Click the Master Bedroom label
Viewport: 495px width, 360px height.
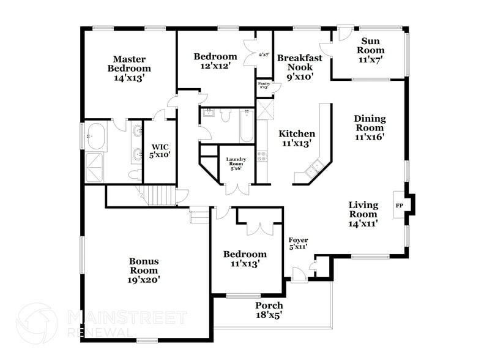click(x=129, y=69)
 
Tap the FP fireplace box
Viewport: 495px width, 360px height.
click(x=400, y=206)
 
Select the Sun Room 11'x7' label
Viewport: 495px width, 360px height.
click(x=371, y=50)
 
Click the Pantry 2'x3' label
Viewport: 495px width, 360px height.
click(x=264, y=84)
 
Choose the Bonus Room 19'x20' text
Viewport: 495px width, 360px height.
click(x=144, y=270)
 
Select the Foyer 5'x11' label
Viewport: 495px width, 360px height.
click(x=298, y=243)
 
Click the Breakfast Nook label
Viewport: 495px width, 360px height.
click(x=296, y=67)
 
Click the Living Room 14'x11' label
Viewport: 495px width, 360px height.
click(x=363, y=214)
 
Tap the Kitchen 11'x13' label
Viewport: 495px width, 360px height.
click(x=297, y=138)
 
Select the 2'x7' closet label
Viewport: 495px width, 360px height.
click(x=264, y=55)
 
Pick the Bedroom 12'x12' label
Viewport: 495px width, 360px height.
click(x=215, y=61)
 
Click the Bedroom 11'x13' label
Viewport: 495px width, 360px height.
click(x=245, y=259)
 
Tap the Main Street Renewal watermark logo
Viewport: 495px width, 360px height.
click(x=37, y=323)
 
